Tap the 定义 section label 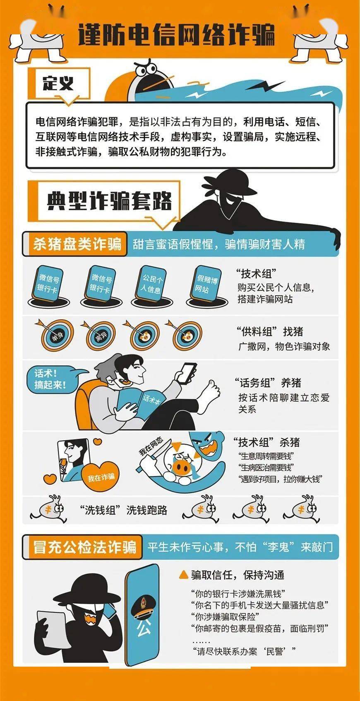click(x=58, y=83)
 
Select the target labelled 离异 click(x=101, y=336)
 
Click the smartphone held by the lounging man click(x=186, y=373)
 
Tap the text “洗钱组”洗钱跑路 click(x=123, y=510)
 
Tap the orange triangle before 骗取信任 click(x=183, y=575)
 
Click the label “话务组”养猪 click(x=268, y=383)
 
